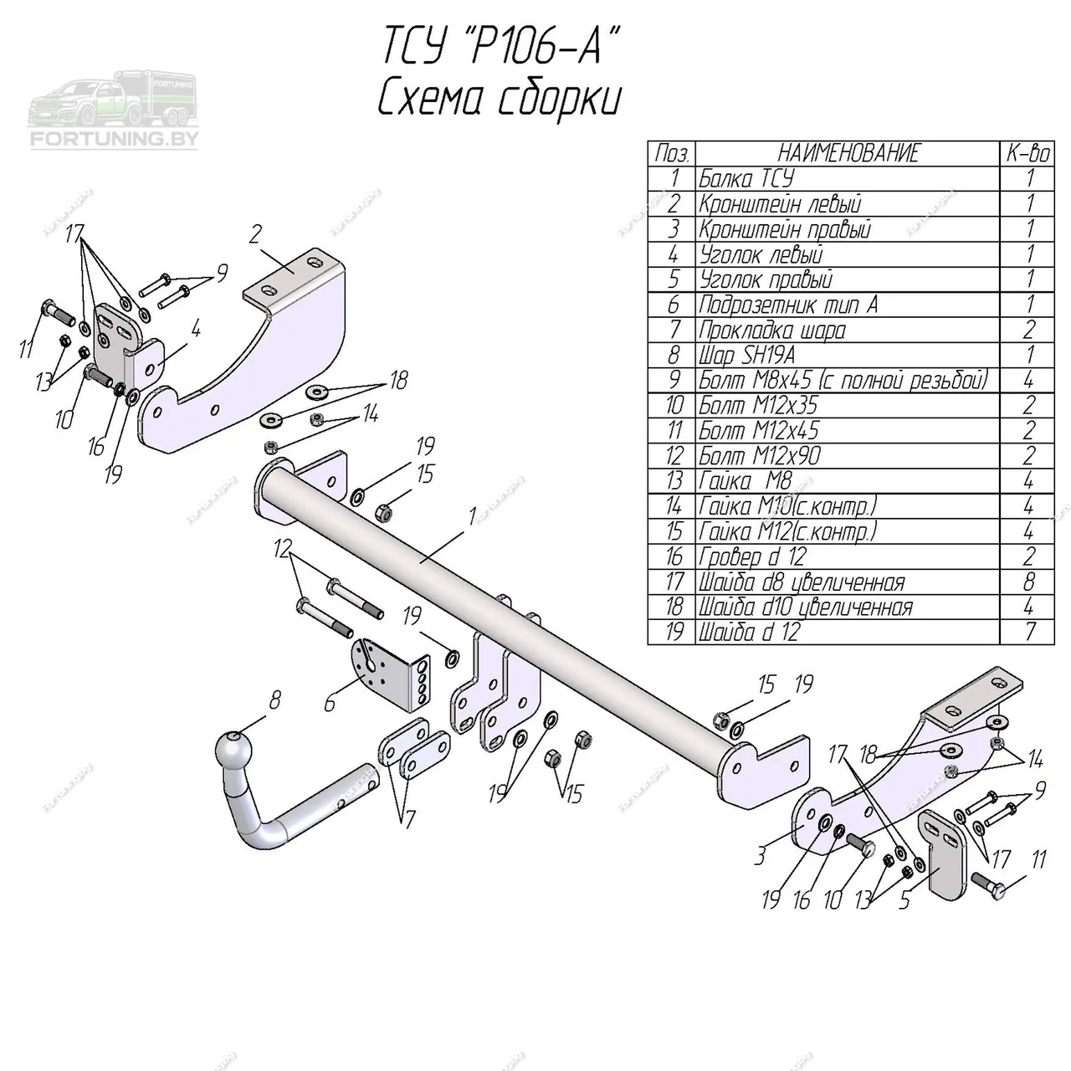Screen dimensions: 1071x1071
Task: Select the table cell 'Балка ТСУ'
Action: tap(746, 179)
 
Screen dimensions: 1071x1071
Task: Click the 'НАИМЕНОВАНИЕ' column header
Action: tap(848, 153)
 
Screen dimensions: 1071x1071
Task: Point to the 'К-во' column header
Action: tap(1027, 153)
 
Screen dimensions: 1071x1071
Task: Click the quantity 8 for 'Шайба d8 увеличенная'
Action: tap(1028, 582)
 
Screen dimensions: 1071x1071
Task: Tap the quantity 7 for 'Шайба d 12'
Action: tap(1028, 632)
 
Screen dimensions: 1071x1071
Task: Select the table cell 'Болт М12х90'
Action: tap(759, 456)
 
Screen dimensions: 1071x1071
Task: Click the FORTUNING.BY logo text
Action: tap(114, 139)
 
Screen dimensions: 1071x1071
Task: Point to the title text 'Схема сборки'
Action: tap(499, 100)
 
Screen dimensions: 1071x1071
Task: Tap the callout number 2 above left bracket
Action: tap(256, 235)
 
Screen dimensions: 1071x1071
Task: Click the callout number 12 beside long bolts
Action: tap(282, 550)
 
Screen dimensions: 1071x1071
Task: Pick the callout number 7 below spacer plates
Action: tap(409, 820)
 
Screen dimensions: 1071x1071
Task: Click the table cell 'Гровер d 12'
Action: tap(752, 557)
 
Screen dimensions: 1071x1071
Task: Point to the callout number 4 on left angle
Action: tap(195, 330)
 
